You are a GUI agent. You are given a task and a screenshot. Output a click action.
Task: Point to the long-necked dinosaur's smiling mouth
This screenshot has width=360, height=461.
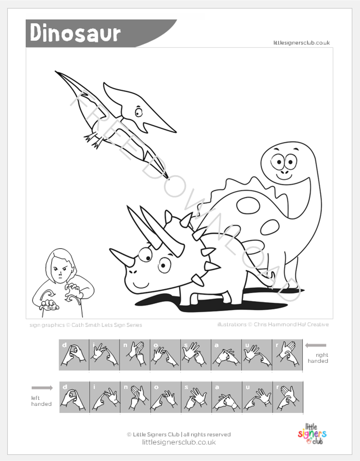[x=284, y=176]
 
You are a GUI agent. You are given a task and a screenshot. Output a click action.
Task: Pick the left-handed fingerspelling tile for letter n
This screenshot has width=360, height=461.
[x=135, y=397]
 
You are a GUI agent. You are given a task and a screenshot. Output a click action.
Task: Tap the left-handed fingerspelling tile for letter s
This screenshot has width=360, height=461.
[x=196, y=397]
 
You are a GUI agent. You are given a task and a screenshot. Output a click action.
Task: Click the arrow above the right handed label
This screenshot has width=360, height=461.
[x=316, y=345]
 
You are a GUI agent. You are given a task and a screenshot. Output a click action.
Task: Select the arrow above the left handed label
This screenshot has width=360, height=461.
[x=42, y=388]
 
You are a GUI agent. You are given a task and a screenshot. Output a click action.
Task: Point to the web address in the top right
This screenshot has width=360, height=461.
[x=301, y=43]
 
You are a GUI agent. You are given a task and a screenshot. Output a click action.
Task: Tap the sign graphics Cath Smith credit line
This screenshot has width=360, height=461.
[x=86, y=325]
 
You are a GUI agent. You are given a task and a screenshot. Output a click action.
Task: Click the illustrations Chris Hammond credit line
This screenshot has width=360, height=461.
[x=273, y=325]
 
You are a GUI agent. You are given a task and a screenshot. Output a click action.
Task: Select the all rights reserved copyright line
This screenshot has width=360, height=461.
[x=178, y=434]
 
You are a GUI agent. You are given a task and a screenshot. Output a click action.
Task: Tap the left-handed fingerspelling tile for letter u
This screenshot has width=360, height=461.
[x=257, y=397]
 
